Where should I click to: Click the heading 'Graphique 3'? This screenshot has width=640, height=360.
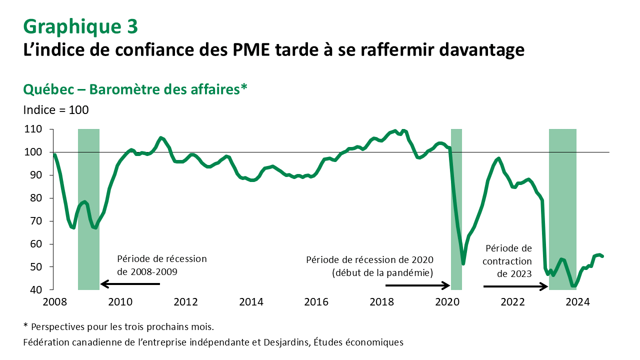80,26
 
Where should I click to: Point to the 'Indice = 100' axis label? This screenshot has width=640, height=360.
56,109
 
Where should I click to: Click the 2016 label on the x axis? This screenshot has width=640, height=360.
316,302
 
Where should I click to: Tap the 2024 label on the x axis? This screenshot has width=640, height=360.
577,302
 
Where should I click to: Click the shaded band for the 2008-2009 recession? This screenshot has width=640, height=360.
88,209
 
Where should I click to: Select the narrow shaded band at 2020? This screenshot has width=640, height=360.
456,209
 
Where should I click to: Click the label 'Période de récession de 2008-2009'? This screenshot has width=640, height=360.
161,265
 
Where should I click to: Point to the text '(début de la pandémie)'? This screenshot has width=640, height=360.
382,272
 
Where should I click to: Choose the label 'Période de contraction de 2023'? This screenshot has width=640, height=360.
508,260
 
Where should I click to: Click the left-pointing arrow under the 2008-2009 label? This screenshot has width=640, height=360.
130,284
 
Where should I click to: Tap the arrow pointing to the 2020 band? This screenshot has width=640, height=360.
418,285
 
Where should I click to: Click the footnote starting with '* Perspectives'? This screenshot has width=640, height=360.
119,327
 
